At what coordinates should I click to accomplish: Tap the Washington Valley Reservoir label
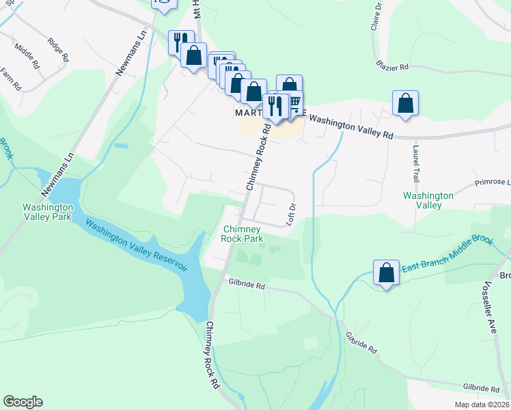[137, 243]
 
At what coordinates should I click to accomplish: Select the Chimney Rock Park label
[243, 234]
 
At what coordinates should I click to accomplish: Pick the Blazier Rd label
[391, 67]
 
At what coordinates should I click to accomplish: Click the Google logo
[23, 402]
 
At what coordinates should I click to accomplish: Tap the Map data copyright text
[482, 405]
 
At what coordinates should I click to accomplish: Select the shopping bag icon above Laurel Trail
[406, 103]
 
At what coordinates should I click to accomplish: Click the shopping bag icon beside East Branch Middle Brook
[386, 273]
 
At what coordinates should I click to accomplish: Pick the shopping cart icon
[294, 103]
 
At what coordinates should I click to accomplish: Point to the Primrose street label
[493, 182]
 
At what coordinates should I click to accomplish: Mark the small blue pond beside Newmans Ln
[121, 146]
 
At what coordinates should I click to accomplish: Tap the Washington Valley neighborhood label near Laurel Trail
[428, 200]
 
